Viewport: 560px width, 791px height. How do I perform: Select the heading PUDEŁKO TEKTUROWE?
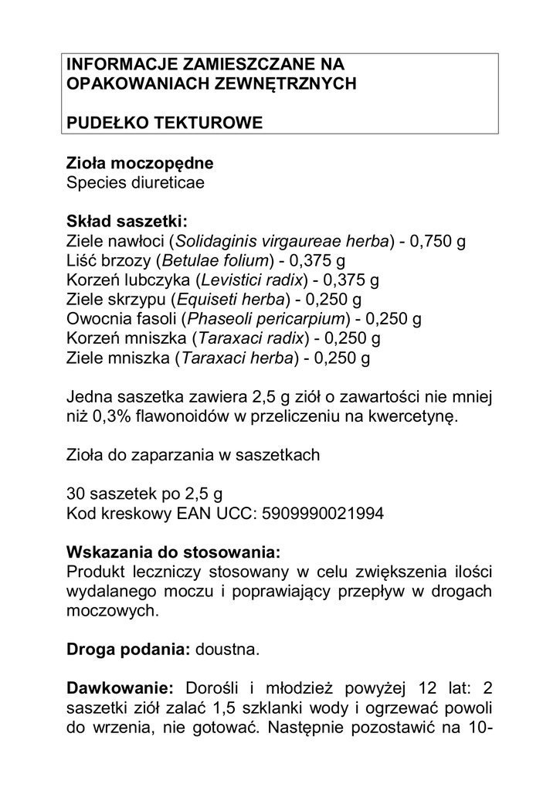pos(165,122)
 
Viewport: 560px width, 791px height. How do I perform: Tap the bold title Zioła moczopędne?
pos(140,164)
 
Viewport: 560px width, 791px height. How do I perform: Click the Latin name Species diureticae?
pos(135,183)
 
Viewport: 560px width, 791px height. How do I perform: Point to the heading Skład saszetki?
pos(127,222)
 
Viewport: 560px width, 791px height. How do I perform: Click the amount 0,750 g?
pos(437,242)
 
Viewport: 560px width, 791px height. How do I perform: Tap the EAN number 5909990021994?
pos(317,514)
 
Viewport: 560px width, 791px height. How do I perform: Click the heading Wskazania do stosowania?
pos(174,553)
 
